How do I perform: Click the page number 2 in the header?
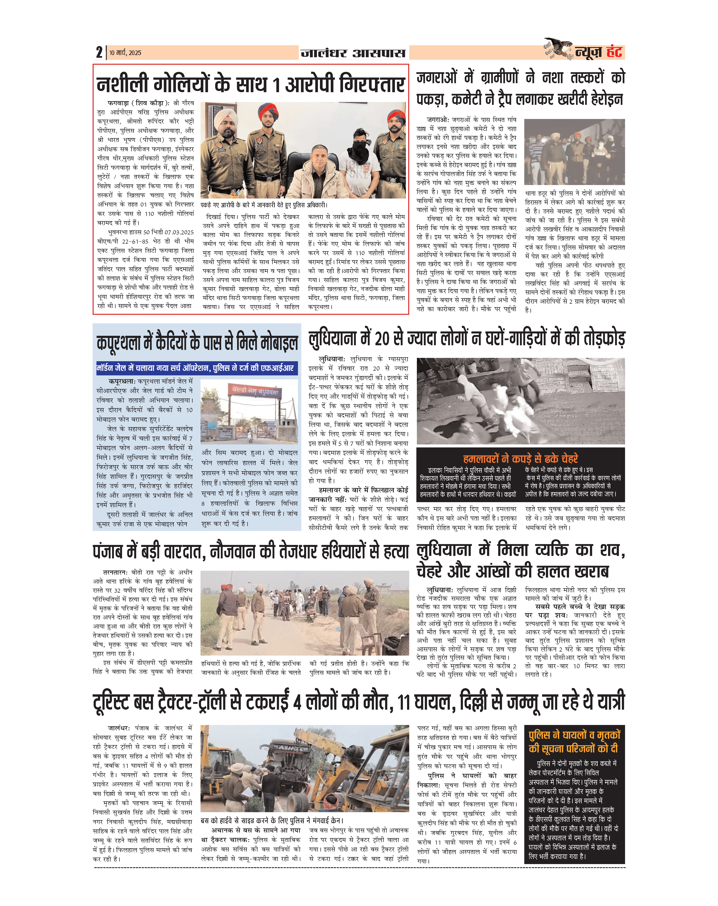[99, 53]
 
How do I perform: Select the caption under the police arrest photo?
[263, 205]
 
